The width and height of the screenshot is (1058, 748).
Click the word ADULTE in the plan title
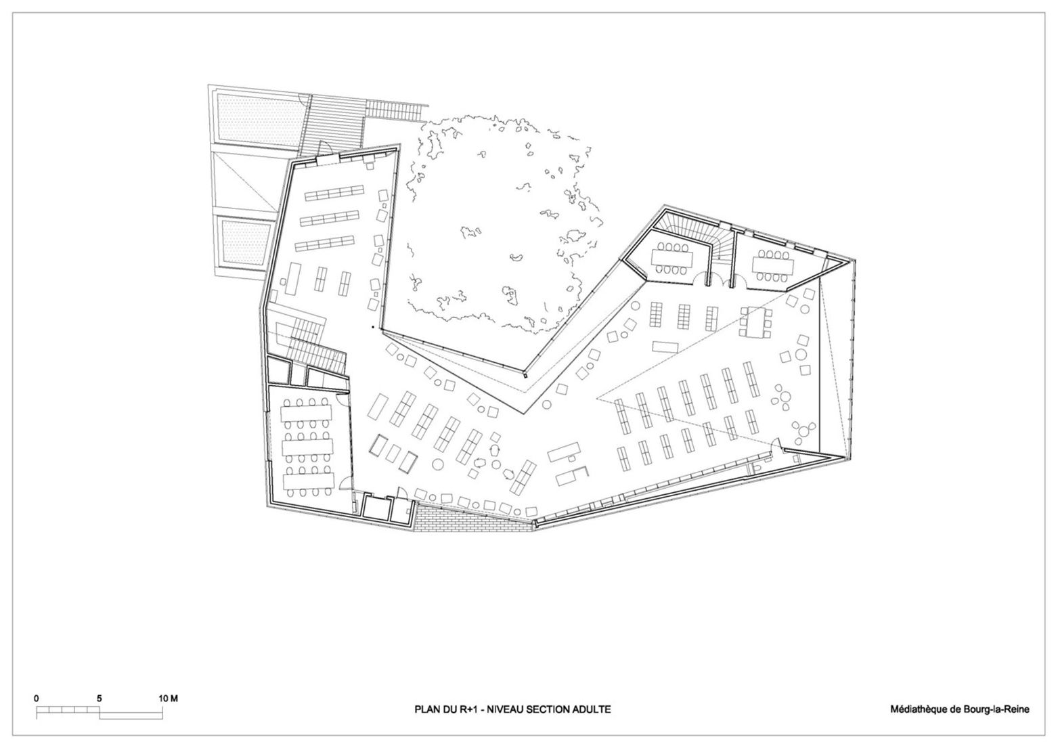(x=591, y=709)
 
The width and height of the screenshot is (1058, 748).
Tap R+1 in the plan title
(x=468, y=709)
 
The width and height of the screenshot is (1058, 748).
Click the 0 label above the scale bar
(x=37, y=698)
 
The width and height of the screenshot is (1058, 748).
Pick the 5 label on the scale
(x=100, y=698)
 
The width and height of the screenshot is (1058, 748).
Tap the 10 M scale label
(x=167, y=698)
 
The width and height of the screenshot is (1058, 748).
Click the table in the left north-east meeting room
(x=670, y=258)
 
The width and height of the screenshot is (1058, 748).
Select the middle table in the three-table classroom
(x=309, y=447)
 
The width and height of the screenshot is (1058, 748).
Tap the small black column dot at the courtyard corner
(x=372, y=328)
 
